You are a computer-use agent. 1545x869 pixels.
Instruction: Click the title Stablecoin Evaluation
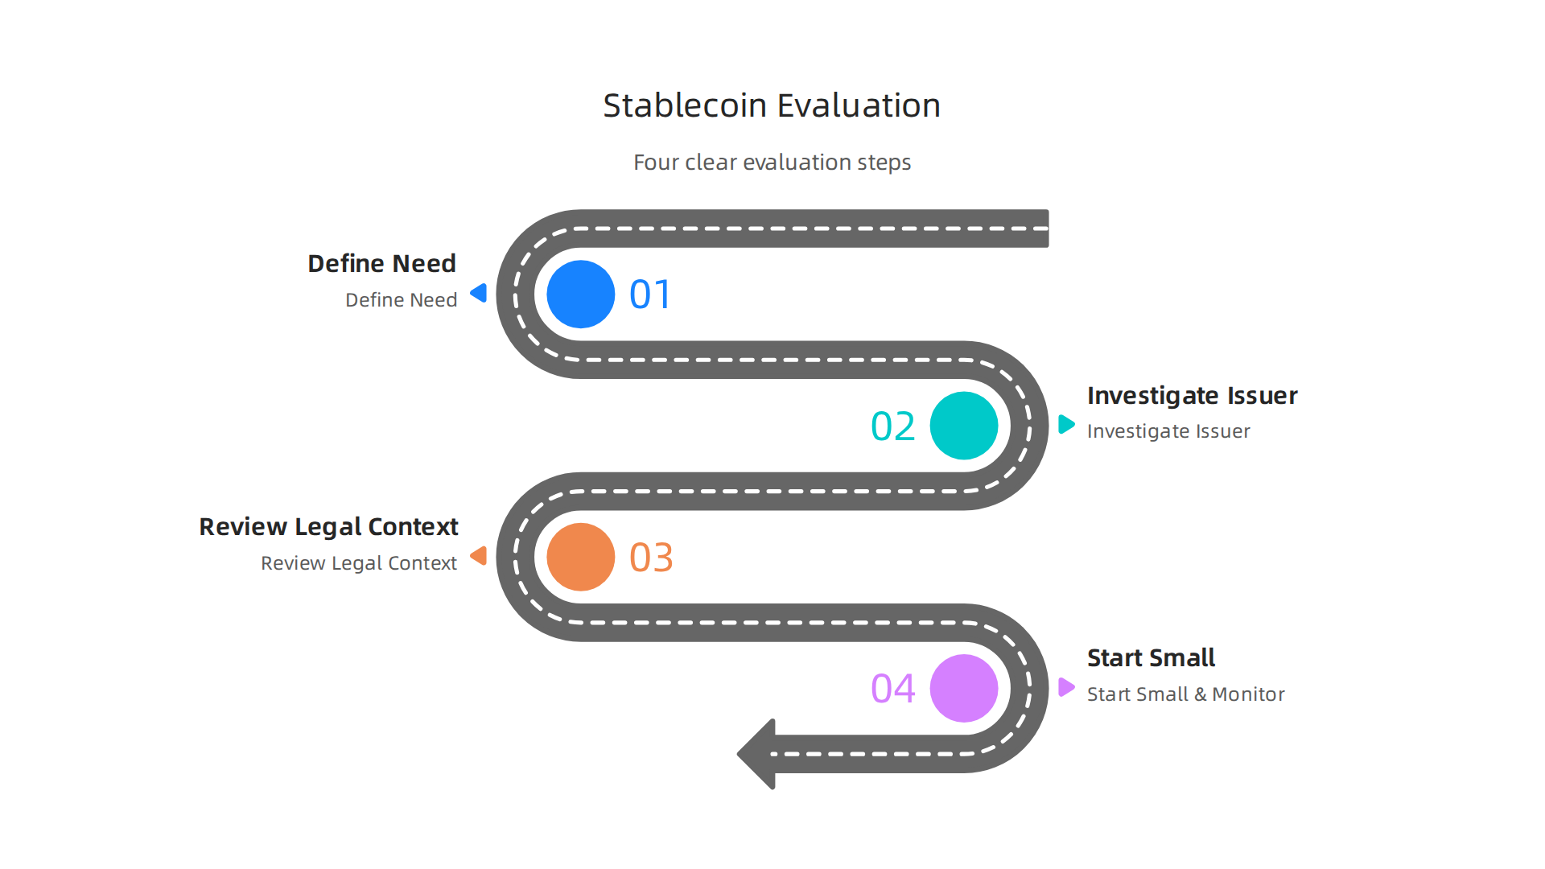pos(772,105)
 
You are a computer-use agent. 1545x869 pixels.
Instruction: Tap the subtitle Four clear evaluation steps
pos(772,162)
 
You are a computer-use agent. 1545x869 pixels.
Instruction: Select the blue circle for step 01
pos(580,294)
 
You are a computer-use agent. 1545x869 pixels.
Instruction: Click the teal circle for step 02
pos(963,426)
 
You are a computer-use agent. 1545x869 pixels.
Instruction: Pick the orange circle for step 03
pos(580,557)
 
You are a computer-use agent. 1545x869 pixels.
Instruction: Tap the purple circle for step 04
pos(963,688)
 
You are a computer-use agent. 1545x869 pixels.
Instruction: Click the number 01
pos(650,294)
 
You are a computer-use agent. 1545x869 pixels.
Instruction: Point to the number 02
pos(892,426)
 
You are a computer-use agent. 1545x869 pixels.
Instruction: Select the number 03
pos(651,558)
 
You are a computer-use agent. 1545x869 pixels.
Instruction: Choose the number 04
pos(892,689)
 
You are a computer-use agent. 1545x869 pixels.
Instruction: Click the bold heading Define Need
pos(381,263)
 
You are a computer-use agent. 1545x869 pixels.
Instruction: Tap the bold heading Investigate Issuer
pos(1192,395)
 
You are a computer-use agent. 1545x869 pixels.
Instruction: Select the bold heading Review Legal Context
pos(328,526)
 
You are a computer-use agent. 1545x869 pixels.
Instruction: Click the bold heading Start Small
pos(1151,657)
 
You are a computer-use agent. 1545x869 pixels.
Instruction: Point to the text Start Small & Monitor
pos(1185,694)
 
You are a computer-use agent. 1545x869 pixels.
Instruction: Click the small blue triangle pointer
pos(480,293)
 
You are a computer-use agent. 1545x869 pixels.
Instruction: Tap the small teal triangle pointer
pos(1065,424)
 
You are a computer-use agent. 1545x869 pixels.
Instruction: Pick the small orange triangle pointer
pos(480,555)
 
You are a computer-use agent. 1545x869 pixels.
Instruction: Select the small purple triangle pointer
pos(1065,687)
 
